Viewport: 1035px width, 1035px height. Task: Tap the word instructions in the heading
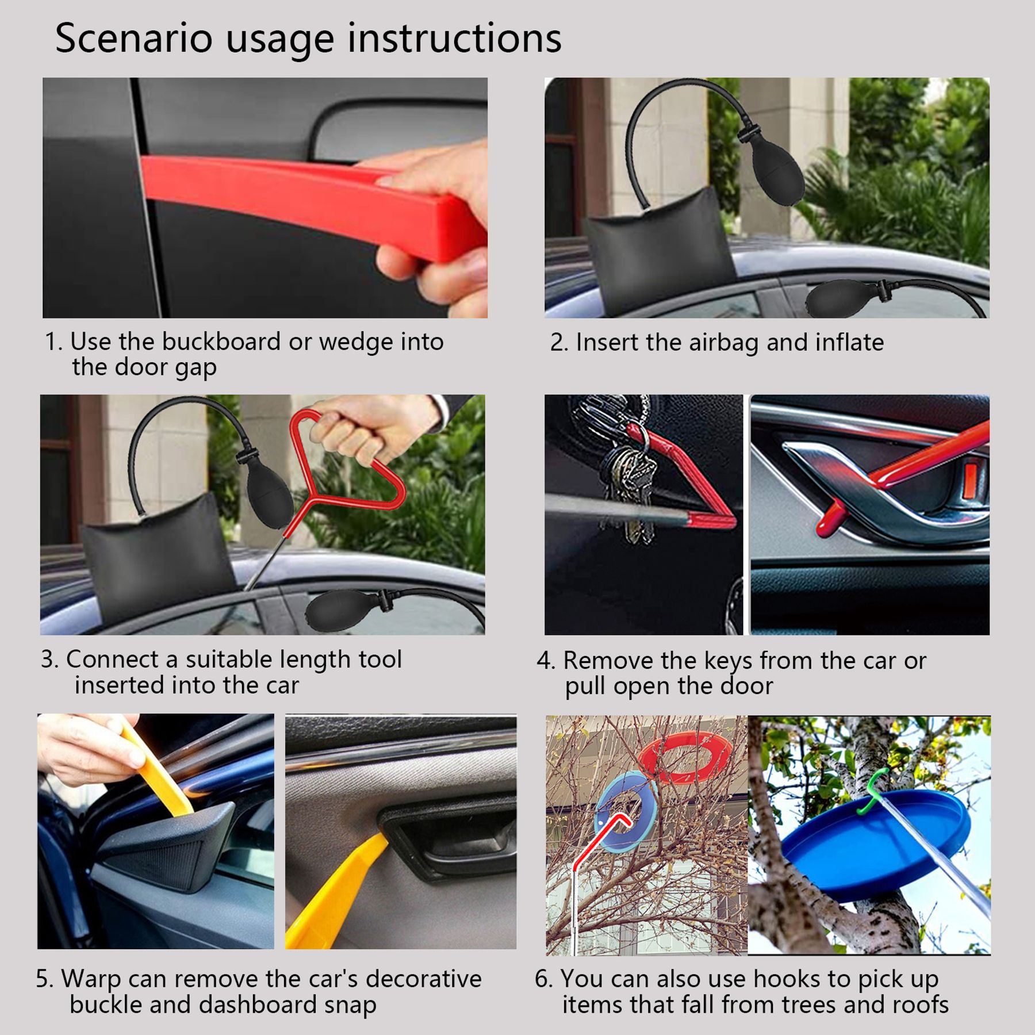tap(454, 39)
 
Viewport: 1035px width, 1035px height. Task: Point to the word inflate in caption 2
tap(849, 342)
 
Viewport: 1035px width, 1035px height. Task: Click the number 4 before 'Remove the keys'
tap(543, 661)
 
